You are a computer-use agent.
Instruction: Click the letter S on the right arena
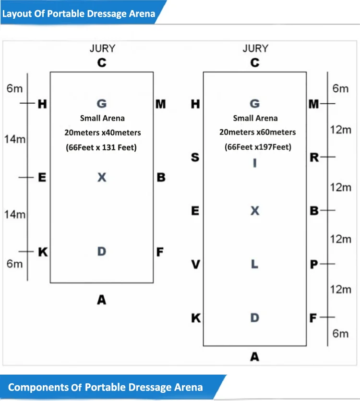pyautogui.click(x=195, y=157)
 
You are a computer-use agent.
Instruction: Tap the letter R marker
pyautogui.click(x=314, y=157)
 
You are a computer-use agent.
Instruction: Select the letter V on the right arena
pyautogui.click(x=195, y=264)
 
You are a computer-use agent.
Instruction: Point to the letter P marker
pyautogui.click(x=314, y=264)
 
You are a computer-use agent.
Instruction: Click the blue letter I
pyautogui.click(x=255, y=163)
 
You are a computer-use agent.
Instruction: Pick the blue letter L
pyautogui.click(x=255, y=264)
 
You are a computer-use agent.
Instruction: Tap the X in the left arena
pyautogui.click(x=102, y=177)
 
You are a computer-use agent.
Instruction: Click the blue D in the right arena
pyautogui.click(x=255, y=317)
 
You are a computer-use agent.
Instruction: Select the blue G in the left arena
pyautogui.click(x=102, y=104)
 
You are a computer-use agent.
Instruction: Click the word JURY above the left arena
pyautogui.click(x=102, y=49)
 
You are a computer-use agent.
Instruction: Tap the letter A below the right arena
pyautogui.click(x=255, y=356)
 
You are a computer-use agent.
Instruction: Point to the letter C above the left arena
pyautogui.click(x=102, y=62)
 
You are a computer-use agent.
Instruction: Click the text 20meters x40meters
pyautogui.click(x=103, y=133)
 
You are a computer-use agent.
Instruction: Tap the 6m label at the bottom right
pyautogui.click(x=340, y=333)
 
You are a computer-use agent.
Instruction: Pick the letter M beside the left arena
pyautogui.click(x=161, y=104)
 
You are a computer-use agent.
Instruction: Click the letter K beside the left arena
pyautogui.click(x=43, y=252)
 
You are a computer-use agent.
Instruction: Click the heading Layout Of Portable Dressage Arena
pyautogui.click(x=79, y=13)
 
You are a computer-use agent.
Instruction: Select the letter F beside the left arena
pyautogui.click(x=160, y=252)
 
